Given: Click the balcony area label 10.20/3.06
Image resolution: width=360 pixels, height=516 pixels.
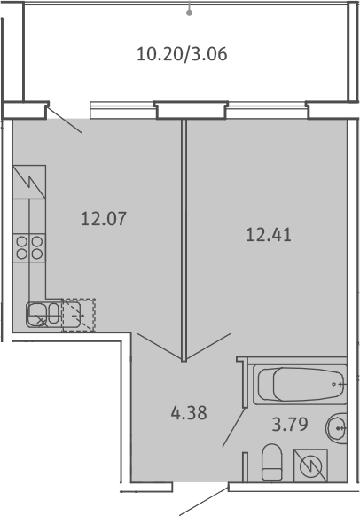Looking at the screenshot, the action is pyautogui.click(x=182, y=54).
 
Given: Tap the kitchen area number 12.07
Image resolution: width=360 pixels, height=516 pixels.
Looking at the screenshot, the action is pyautogui.click(x=104, y=219).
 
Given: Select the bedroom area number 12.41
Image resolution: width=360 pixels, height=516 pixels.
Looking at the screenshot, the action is pyautogui.click(x=269, y=235).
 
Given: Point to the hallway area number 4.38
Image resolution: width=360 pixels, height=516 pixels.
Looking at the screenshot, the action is pyautogui.click(x=189, y=412).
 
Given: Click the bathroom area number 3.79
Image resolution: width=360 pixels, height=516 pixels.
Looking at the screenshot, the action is pyautogui.click(x=290, y=424).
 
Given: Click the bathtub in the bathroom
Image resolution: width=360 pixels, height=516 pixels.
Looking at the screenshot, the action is pyautogui.click(x=300, y=385).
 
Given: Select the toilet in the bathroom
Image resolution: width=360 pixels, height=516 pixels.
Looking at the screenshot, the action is pyautogui.click(x=272, y=462).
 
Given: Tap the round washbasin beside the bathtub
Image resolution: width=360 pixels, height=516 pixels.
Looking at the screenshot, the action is pyautogui.click(x=337, y=428).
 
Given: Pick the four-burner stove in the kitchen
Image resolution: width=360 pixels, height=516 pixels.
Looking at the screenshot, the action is pyautogui.click(x=29, y=247).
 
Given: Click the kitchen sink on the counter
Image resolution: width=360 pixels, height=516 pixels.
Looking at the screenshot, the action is pyautogui.click(x=43, y=315).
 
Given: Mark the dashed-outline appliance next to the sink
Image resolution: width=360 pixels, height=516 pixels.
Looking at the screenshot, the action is pyautogui.click(x=79, y=315).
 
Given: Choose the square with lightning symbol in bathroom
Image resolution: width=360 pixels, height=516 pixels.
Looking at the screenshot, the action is pyautogui.click(x=310, y=465).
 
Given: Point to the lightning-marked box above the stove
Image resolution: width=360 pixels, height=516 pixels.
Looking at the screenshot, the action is pyautogui.click(x=29, y=182).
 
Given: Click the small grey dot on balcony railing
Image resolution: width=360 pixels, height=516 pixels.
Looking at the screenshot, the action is pyautogui.click(x=189, y=12).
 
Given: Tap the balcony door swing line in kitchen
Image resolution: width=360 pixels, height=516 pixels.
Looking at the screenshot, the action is pyautogui.click(x=65, y=120).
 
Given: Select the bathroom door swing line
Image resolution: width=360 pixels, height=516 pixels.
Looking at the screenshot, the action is pyautogui.click(x=234, y=427).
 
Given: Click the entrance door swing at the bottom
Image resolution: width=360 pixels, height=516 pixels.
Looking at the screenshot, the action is pyautogui.click(x=204, y=502).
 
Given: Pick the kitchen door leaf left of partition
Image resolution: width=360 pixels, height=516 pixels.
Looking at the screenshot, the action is pyautogui.click(x=160, y=346).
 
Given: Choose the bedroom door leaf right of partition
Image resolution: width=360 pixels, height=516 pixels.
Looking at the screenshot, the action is pyautogui.click(x=208, y=346).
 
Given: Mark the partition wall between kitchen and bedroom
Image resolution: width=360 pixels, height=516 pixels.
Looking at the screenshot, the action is pyautogui.click(x=184, y=240).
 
